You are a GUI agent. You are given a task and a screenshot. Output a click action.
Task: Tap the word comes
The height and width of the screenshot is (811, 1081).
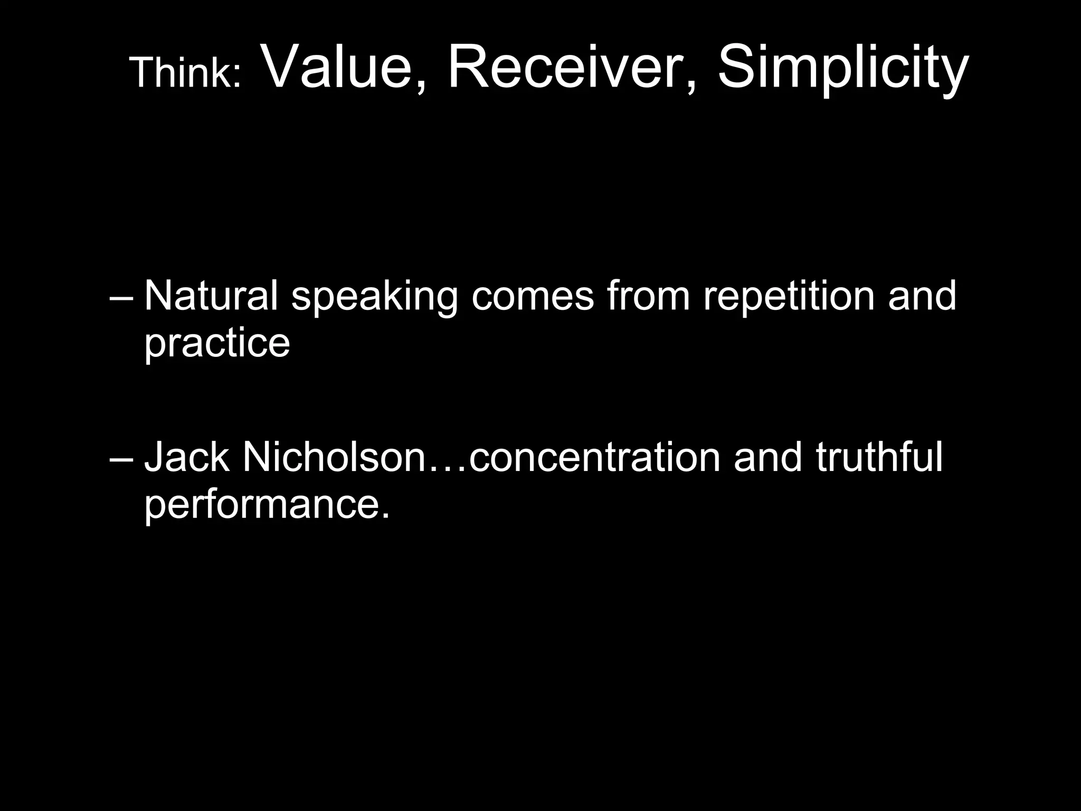(533, 297)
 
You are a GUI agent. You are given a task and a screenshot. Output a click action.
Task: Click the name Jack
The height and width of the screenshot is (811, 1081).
(186, 457)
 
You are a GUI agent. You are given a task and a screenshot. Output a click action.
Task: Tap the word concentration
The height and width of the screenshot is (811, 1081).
(594, 457)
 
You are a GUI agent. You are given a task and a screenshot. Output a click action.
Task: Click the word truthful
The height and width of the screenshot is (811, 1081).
(879, 457)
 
